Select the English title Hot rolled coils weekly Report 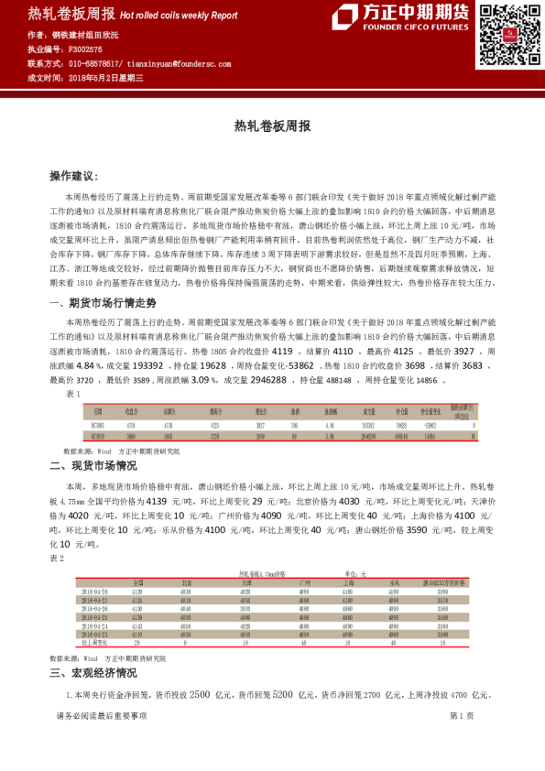179,16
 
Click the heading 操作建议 85,175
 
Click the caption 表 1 73,393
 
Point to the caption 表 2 57,558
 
